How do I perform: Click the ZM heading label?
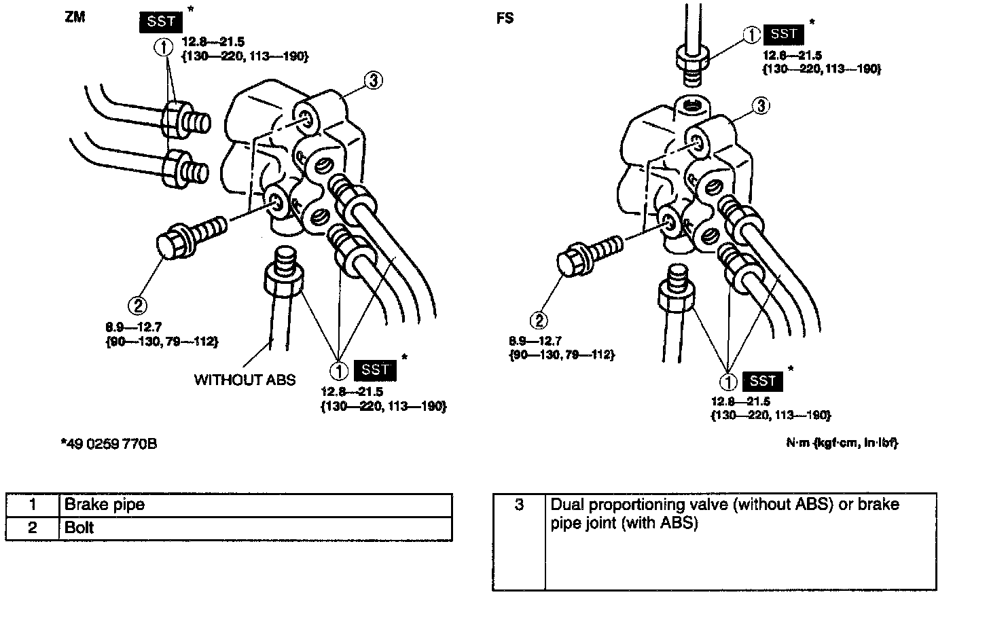pyautogui.click(x=75, y=18)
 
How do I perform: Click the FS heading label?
pyautogui.click(x=505, y=18)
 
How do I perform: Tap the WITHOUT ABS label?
pyautogui.click(x=245, y=380)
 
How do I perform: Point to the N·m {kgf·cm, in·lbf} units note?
pyautogui.click(x=842, y=443)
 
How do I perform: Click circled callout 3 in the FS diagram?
pyautogui.click(x=761, y=105)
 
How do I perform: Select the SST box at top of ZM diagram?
pyautogui.click(x=161, y=22)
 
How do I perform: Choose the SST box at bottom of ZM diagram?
pyautogui.click(x=375, y=370)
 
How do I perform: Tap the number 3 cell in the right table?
pyautogui.click(x=519, y=505)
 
